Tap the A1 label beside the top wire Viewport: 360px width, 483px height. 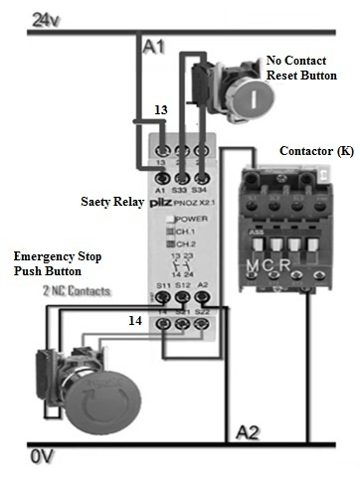tap(154, 47)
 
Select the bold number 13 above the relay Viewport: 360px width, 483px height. tap(161, 109)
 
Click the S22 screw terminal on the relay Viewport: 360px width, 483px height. tap(201, 323)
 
